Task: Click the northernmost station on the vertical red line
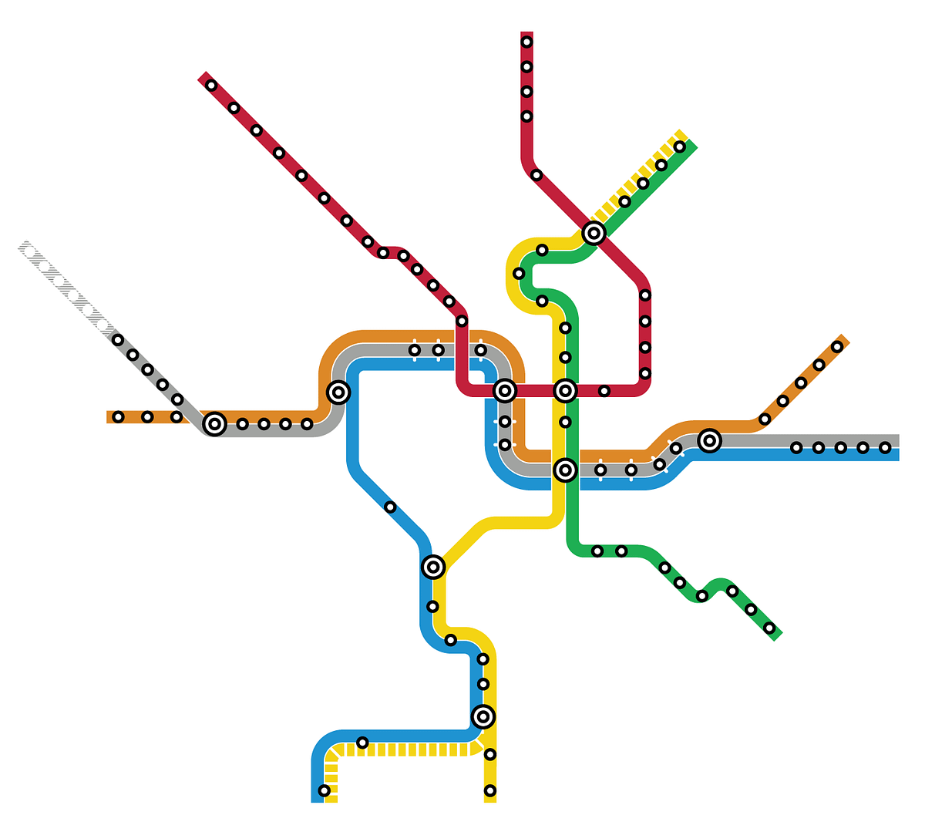coord(526,42)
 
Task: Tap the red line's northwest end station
coord(211,85)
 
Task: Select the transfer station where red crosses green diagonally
coord(593,232)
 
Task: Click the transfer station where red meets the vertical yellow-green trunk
coord(565,391)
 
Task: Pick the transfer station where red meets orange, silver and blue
coord(504,391)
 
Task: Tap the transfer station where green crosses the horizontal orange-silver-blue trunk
coord(565,470)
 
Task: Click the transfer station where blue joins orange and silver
coord(338,392)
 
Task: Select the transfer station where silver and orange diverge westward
coord(214,423)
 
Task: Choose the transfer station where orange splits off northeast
coord(709,440)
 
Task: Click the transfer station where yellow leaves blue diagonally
coord(433,567)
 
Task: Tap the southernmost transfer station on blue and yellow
coord(483,716)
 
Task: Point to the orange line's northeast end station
coord(837,346)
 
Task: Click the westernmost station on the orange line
coord(118,417)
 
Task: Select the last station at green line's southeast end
coord(769,628)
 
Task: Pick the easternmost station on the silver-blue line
coord(885,447)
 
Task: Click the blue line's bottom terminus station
coord(324,790)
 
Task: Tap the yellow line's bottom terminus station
coord(489,790)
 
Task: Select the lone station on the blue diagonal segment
coord(390,507)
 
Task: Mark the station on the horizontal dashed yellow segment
coord(362,743)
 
